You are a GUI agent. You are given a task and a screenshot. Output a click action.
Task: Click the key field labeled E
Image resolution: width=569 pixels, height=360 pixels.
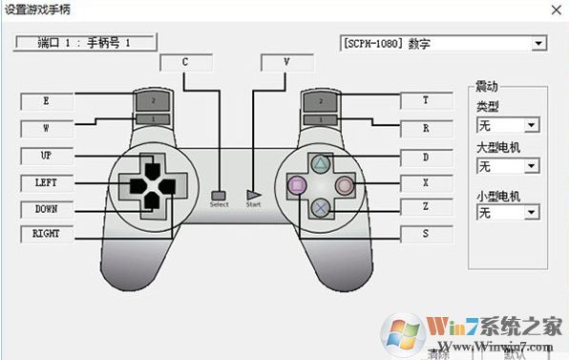tap(46, 99)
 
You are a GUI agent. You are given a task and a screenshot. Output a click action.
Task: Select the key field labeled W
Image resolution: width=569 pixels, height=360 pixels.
tap(46, 127)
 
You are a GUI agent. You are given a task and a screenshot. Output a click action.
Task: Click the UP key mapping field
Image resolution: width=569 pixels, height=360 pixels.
tap(46, 155)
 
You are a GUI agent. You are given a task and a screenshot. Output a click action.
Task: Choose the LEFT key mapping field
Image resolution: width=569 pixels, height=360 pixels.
tap(46, 181)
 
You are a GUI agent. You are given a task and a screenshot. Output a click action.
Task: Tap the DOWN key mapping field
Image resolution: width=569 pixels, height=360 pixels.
tap(46, 208)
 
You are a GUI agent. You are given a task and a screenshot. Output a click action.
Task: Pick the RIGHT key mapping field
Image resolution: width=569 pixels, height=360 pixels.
tap(46, 233)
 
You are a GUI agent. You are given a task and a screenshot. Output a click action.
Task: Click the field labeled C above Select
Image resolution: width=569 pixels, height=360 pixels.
tap(184, 62)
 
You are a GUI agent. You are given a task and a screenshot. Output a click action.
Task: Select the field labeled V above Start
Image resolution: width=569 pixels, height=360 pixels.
tap(286, 62)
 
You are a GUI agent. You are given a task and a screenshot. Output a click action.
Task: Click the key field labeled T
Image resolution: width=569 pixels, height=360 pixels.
tap(425, 99)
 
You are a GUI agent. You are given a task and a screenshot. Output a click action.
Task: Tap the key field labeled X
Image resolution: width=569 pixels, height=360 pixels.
tap(425, 181)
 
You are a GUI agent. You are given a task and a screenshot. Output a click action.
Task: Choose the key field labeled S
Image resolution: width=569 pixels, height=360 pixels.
tap(425, 233)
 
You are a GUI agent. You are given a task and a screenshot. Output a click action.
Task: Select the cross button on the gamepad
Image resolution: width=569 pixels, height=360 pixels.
tap(322, 204)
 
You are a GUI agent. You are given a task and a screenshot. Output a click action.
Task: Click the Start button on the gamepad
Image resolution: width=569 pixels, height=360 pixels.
tap(253, 194)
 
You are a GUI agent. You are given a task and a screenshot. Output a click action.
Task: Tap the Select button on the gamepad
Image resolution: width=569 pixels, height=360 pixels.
tap(220, 195)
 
